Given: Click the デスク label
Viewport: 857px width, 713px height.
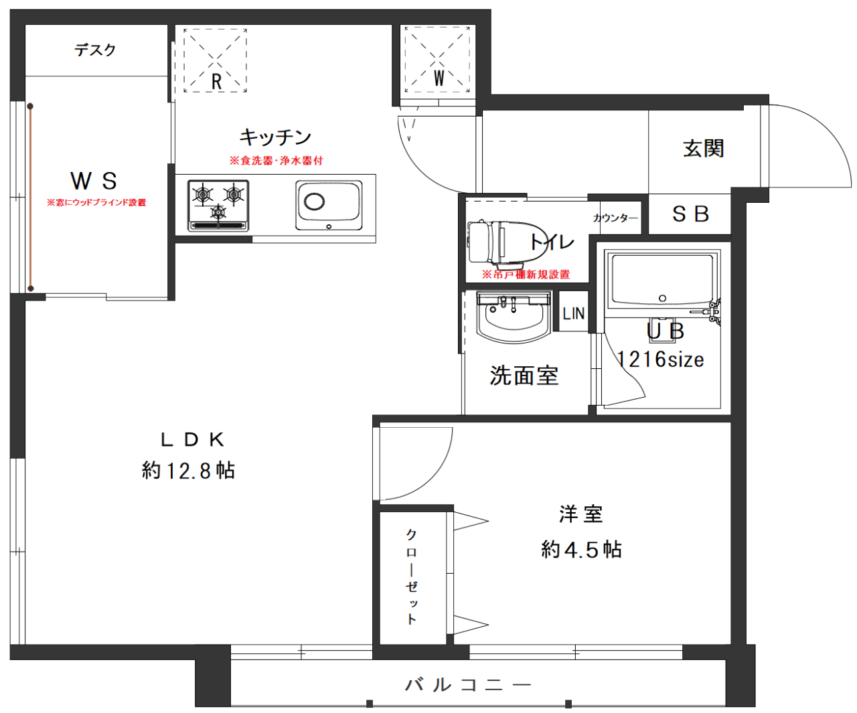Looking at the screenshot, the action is [95, 50].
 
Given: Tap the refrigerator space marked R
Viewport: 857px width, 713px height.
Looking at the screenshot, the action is [215, 61].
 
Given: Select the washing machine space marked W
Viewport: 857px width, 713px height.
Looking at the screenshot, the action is [437, 60].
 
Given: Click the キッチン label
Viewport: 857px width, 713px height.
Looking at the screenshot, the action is [275, 137].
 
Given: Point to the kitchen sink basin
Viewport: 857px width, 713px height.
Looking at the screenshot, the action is [329, 205].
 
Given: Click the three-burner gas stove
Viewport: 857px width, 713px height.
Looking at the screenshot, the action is [218, 206].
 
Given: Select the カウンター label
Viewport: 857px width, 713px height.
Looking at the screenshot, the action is [615, 218].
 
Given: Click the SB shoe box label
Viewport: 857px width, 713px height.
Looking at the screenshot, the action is [690, 214].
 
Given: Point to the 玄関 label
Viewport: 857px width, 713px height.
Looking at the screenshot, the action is [704, 148].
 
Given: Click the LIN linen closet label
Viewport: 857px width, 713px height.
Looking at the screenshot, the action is [573, 313].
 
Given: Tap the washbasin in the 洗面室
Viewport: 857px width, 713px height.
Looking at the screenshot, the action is [513, 317].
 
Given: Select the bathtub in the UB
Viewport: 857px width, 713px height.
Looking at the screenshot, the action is [662, 280].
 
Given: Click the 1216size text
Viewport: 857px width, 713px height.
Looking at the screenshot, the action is [661, 360].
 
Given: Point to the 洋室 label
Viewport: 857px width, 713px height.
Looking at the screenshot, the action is [580, 514].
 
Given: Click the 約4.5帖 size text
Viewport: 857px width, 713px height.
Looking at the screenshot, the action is [581, 549].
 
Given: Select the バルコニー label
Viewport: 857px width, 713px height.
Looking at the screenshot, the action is [468, 685].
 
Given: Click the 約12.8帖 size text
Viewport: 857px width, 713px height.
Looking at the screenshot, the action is [188, 471].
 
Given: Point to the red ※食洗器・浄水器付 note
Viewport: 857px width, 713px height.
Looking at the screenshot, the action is [277, 161].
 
